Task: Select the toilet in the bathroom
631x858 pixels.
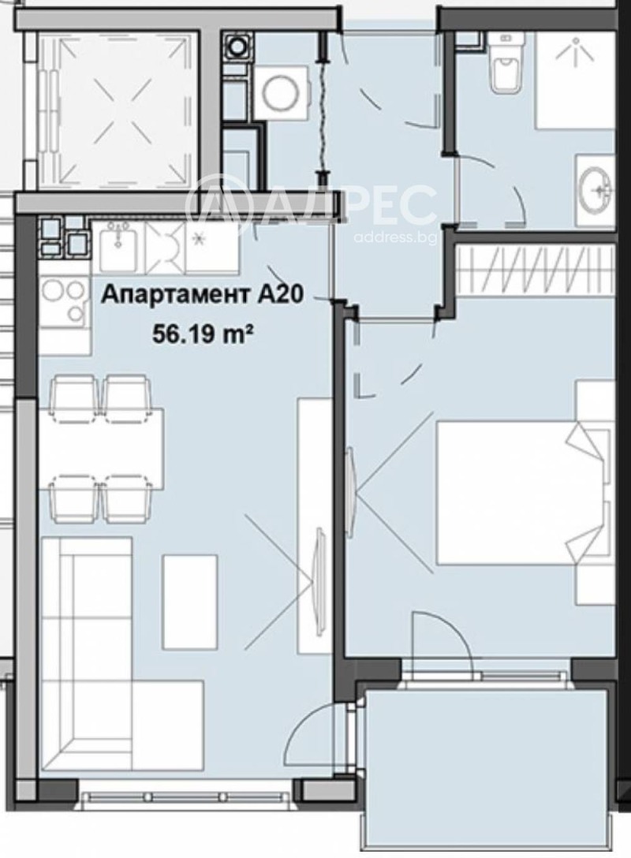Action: (x=505, y=63)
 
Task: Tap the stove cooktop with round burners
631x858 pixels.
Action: (x=65, y=302)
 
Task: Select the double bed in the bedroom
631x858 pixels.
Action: (x=521, y=493)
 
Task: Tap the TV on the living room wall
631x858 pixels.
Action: (x=319, y=580)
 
